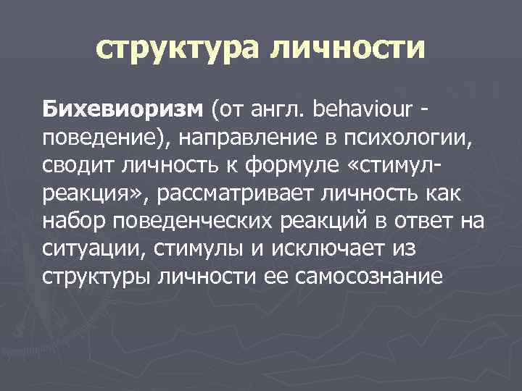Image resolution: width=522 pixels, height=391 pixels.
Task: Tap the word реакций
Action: point(316,220)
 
